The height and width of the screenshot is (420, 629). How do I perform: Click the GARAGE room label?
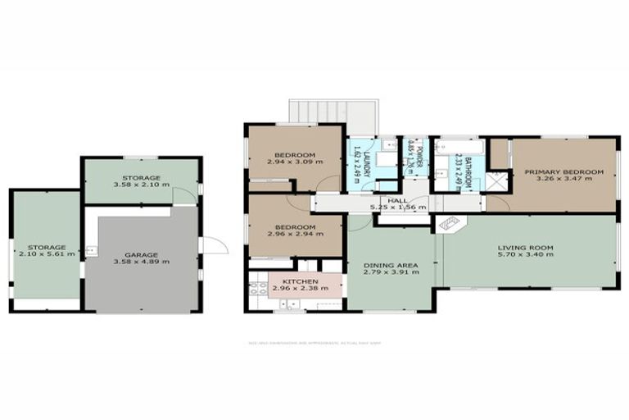pos(143,254)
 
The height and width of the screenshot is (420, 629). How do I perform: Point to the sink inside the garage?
pos(92,251)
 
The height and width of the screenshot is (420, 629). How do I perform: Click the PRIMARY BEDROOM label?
pos(563,171)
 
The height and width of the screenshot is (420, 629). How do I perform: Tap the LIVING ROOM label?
pos(526,247)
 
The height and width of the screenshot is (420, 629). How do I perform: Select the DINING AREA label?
pos(391,266)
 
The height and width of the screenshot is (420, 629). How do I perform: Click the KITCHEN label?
pos(294,281)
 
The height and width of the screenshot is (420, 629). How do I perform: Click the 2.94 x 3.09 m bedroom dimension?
pos(294,162)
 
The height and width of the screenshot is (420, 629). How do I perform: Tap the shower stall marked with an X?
pos(496,182)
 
